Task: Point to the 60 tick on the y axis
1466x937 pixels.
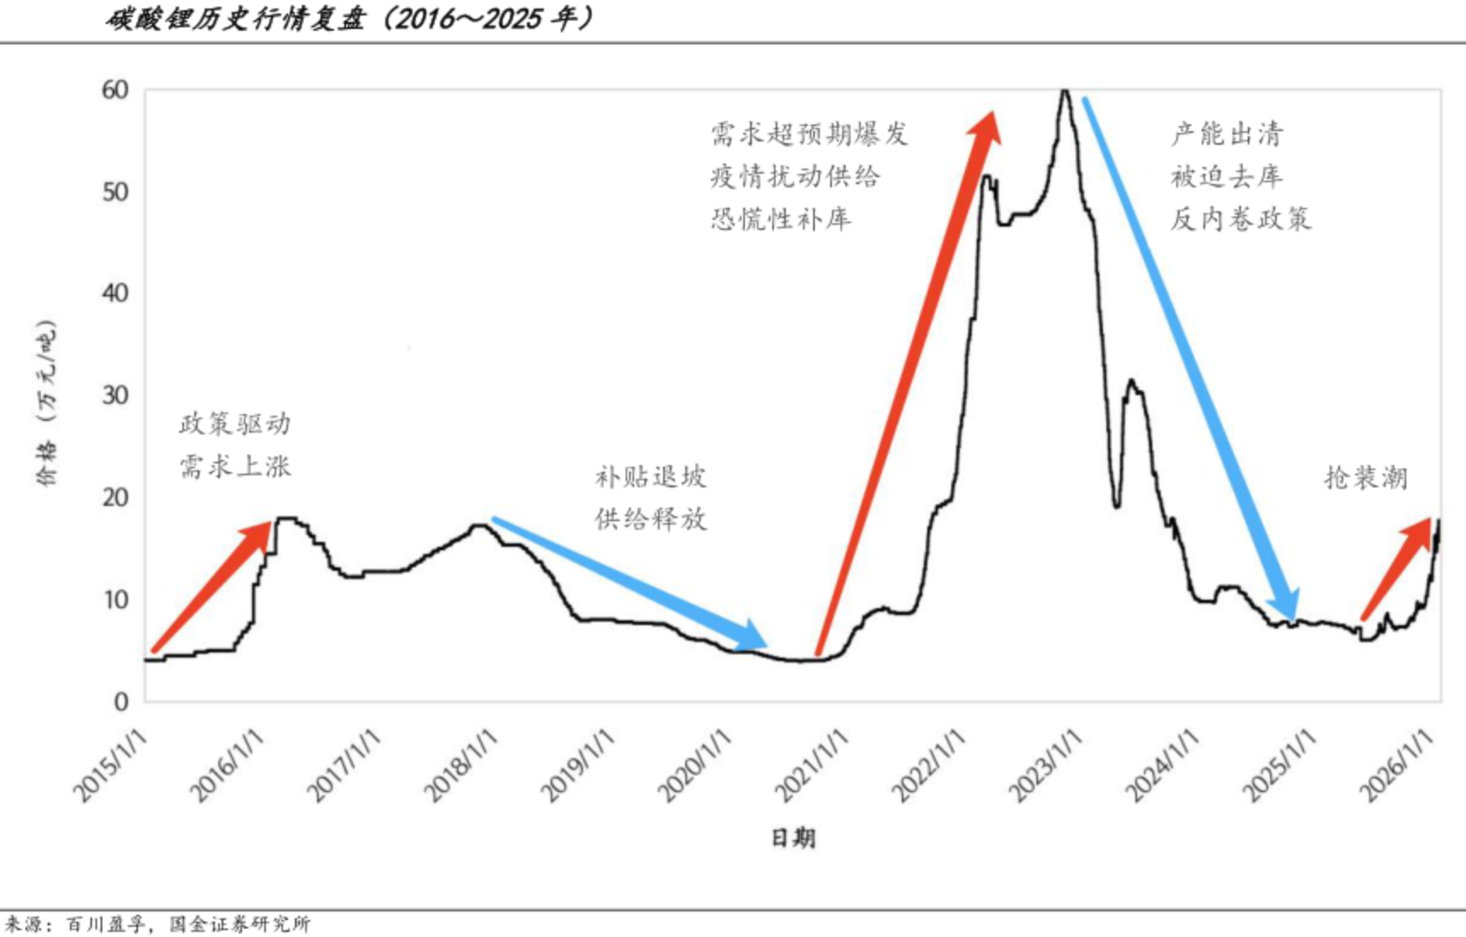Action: coord(115,89)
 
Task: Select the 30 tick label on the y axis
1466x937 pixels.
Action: coord(115,395)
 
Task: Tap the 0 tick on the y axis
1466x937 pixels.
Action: coord(121,701)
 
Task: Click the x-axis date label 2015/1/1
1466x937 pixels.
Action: coord(111,767)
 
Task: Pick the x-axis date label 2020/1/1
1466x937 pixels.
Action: coord(695,767)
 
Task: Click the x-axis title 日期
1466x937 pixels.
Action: coord(794,838)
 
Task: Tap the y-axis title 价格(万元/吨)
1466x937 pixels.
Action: coord(47,403)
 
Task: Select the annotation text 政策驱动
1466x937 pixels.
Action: coord(234,423)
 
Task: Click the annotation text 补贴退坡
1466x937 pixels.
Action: coord(650,476)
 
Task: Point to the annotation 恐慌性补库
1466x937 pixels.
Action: coord(781,219)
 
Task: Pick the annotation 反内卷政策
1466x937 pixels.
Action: coord(1240,219)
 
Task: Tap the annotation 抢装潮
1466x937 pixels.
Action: coord(1365,477)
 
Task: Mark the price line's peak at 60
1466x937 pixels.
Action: coord(1064,91)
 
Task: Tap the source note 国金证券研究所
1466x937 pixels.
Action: coord(240,924)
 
